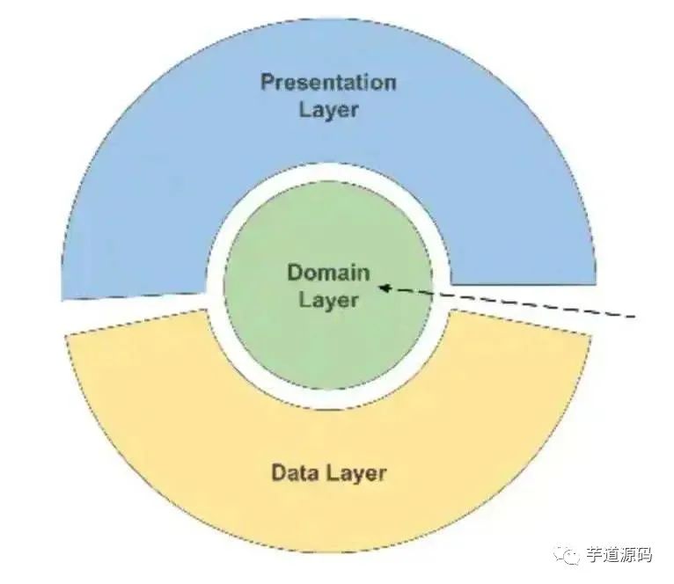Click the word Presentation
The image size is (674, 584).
point(328,83)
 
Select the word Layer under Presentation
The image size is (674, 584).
point(328,110)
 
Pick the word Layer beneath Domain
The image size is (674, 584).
point(328,299)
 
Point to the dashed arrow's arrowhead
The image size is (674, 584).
point(384,286)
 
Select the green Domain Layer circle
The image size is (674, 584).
point(328,343)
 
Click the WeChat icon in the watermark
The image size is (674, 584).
point(570,554)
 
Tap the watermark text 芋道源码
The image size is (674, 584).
point(619,555)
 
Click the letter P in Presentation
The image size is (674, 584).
point(267,83)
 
